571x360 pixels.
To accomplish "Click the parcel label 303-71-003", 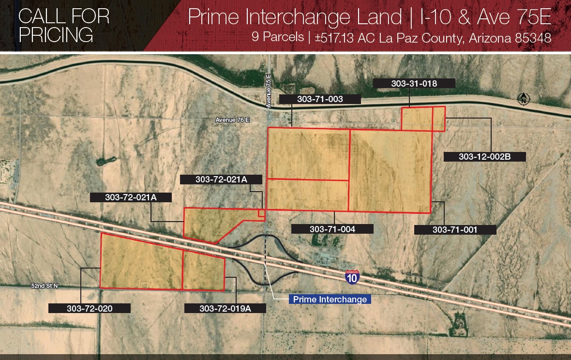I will pyautogui.click(x=320, y=99).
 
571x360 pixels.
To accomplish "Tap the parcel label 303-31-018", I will pyautogui.click(x=414, y=84).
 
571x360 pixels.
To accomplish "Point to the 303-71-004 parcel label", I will pyautogui.click(x=332, y=229).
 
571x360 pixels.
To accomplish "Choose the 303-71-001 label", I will pyautogui.click(x=455, y=229).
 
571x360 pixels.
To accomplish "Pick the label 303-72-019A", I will pyautogui.click(x=225, y=308).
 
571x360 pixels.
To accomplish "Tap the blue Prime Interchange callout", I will pyautogui.click(x=330, y=300).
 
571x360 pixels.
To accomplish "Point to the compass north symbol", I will pyautogui.click(x=523, y=99).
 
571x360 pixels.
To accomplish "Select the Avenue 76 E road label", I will pyautogui.click(x=233, y=120).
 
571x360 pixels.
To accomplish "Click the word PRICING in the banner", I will pyautogui.click(x=56, y=35).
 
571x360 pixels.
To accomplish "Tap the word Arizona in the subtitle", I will pyautogui.click(x=489, y=38).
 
